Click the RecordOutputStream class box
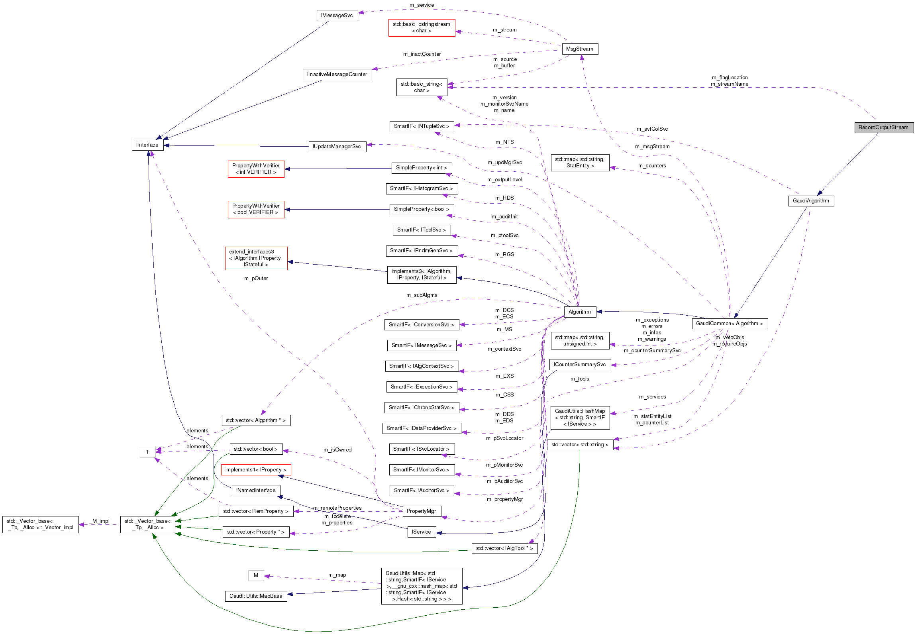pos(883,128)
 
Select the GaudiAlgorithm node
pos(811,201)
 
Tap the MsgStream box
pos(579,49)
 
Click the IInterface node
pos(147,145)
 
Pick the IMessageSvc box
pos(337,16)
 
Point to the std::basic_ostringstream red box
pos(422,27)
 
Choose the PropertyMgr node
pos(422,511)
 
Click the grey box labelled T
pos(147,452)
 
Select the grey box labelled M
pos(256,575)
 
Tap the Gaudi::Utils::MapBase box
pos(256,596)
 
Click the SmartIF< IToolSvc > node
pos(422,230)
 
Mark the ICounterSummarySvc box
pos(580,365)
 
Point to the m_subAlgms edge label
pos(422,295)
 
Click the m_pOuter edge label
pos(256,279)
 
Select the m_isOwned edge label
pos(337,450)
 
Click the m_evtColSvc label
pos(652,129)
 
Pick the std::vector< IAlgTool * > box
pos(504,548)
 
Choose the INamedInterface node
pos(256,491)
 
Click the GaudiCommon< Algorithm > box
pos(730,324)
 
